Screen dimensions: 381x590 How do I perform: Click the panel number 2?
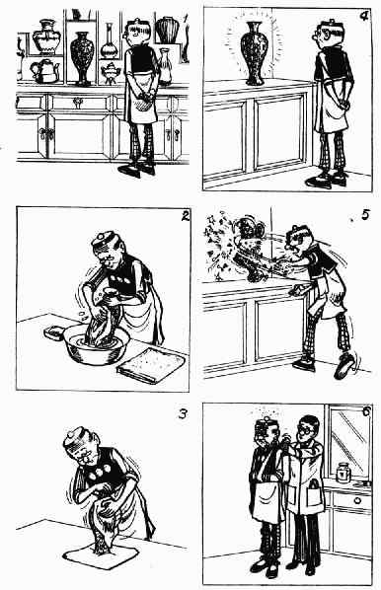click(x=185, y=216)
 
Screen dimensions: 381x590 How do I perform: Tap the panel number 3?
click(x=183, y=414)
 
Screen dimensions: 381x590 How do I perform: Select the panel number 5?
click(x=365, y=215)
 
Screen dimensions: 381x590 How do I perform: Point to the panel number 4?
click(x=364, y=17)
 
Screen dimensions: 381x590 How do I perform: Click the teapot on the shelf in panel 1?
click(x=45, y=71)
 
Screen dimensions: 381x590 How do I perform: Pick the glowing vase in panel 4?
click(x=255, y=52)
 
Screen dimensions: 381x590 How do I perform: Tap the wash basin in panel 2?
click(x=97, y=343)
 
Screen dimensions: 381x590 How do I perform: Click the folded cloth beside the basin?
click(x=151, y=365)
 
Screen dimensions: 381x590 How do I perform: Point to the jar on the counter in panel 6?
click(x=343, y=473)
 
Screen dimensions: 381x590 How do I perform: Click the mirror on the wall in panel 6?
click(x=348, y=441)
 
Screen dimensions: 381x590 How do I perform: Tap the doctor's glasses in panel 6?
click(x=307, y=429)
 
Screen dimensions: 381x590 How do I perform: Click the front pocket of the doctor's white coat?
click(x=314, y=496)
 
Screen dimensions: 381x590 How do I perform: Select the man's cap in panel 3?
click(x=75, y=437)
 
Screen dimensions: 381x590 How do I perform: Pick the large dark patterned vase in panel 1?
click(x=82, y=58)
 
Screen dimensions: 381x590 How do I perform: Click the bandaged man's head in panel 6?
click(x=267, y=432)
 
